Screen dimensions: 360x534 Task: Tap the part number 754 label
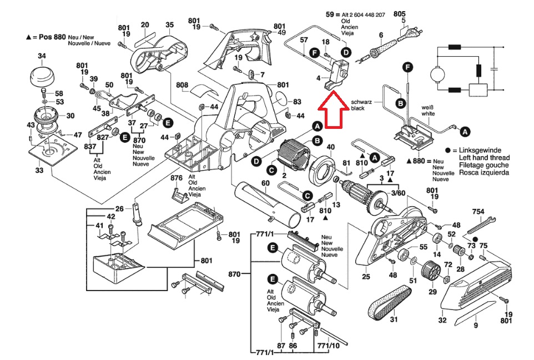(478, 211)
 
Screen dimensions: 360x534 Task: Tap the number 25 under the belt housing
(366, 277)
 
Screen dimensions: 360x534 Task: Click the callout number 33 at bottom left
(38, 171)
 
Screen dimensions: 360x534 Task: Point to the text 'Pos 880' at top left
(49, 36)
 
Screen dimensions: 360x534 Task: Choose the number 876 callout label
(177, 178)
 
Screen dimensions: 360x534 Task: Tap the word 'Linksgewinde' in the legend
(481, 151)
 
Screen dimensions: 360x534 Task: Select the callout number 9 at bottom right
(475, 326)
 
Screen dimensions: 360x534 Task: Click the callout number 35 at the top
(170, 24)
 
